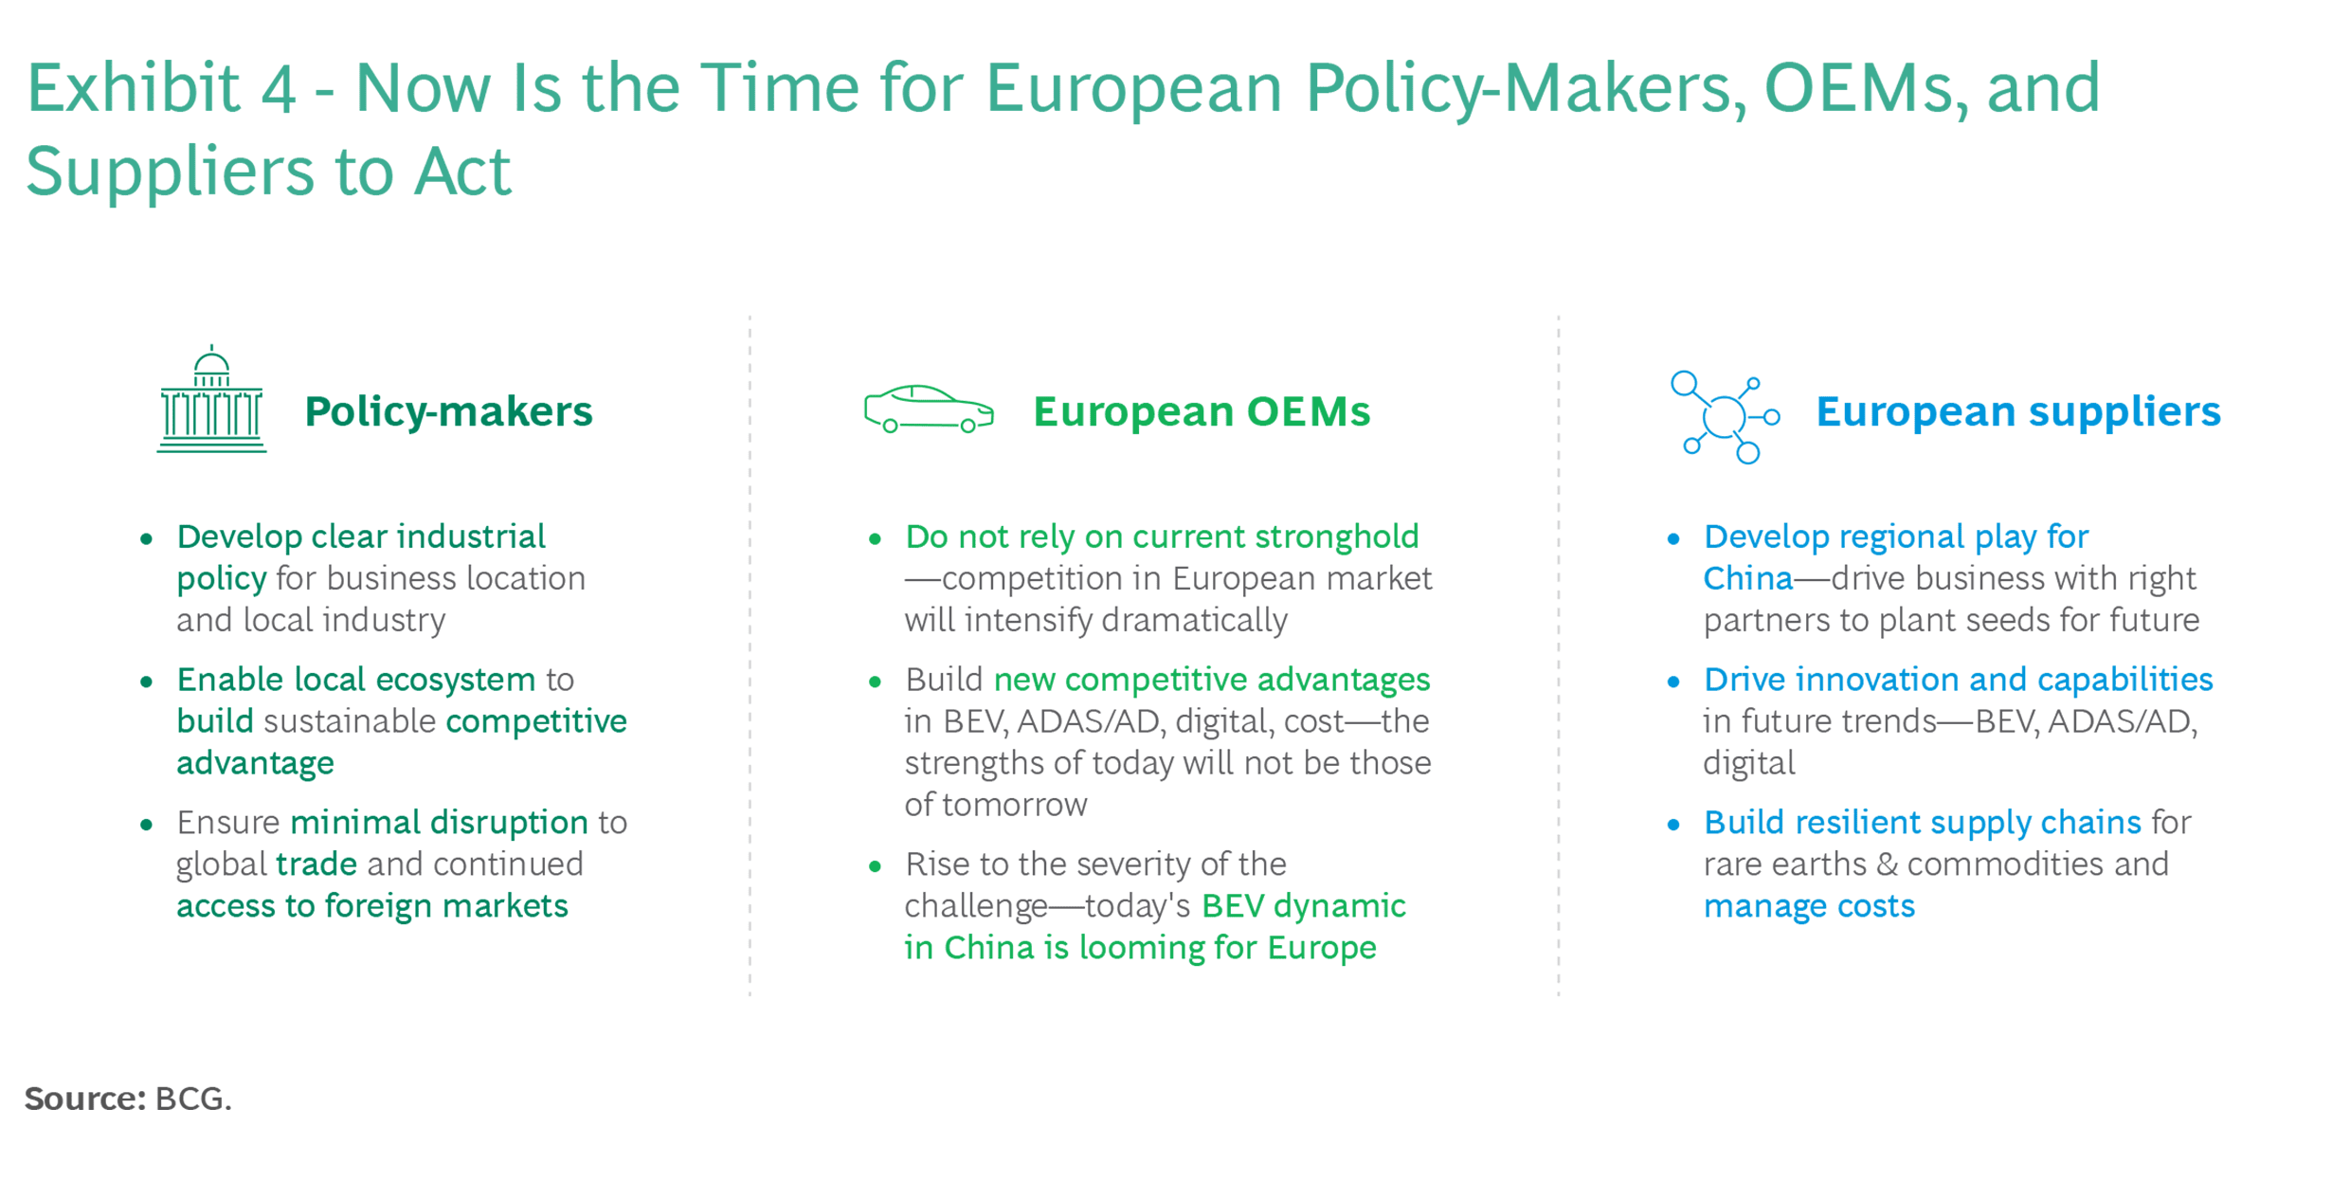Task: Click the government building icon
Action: pos(211,399)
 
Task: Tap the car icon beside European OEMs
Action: pos(929,409)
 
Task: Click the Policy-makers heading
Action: pos(448,411)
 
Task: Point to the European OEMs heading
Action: pos(1202,411)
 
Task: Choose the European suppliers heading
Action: pos(2018,411)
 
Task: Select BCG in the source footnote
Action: pos(193,1099)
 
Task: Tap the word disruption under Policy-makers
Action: pos(508,823)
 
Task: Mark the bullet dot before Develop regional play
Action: pos(1673,539)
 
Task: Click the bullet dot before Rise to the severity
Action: pos(875,866)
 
